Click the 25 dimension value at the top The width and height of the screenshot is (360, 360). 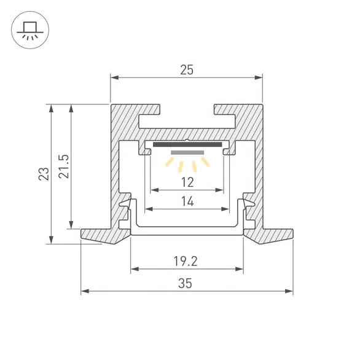[x=187, y=70]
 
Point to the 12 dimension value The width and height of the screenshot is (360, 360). [x=187, y=182]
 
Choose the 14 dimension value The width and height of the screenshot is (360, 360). [x=187, y=201]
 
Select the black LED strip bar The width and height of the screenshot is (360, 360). [x=187, y=145]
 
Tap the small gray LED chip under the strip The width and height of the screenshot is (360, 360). [x=187, y=152]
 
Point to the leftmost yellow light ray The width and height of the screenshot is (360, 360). [x=168, y=162]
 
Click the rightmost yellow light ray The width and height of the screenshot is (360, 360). [x=206, y=162]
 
